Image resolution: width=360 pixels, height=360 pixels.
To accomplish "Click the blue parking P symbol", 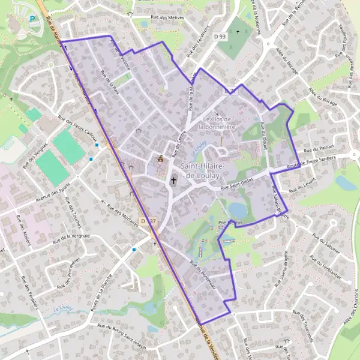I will (x=32, y=19).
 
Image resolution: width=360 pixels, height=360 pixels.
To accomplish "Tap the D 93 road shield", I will (x=219, y=36).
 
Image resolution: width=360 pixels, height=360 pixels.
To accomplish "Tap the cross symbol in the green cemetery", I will (x=237, y=32).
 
